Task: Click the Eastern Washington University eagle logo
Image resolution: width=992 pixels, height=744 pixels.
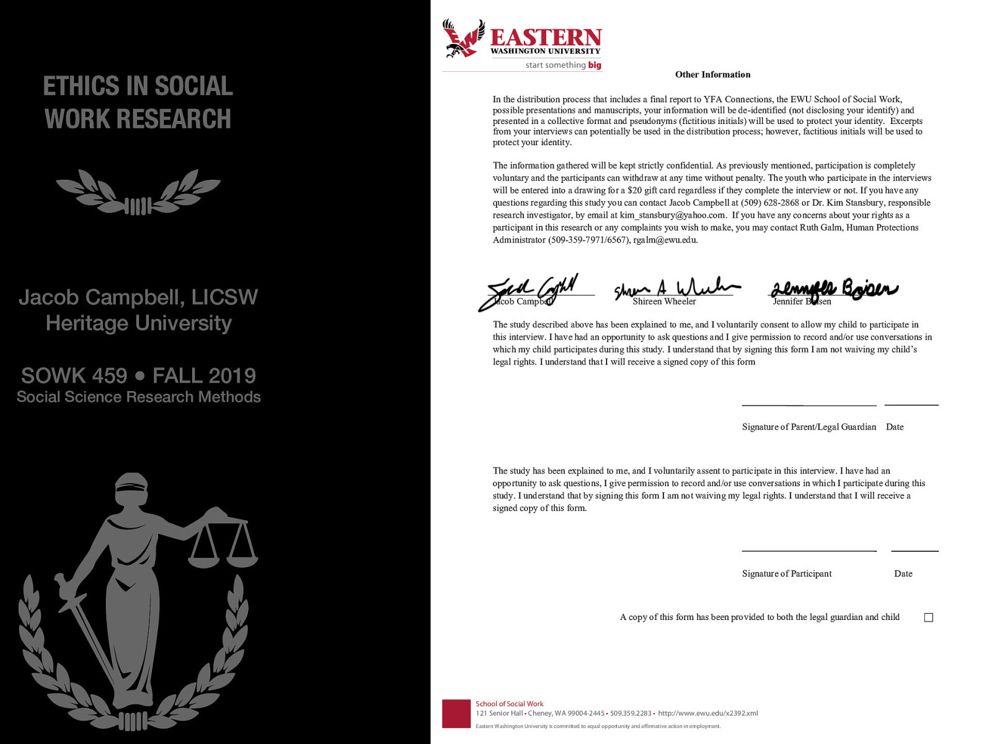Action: [x=463, y=38]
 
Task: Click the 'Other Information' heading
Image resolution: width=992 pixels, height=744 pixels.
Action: [x=712, y=74]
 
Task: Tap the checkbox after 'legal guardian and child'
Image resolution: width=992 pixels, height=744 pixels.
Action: [x=928, y=618]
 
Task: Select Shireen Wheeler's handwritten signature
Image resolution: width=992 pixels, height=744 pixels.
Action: [x=676, y=288]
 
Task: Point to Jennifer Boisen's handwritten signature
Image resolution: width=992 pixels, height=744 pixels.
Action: [x=834, y=289]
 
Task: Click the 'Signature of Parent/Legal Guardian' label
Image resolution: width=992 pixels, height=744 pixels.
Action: [x=808, y=427]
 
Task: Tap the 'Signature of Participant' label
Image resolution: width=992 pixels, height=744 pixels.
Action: [x=787, y=574]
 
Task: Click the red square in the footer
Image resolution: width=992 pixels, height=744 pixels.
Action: [x=456, y=714]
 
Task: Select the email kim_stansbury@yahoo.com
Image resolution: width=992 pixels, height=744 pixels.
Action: [x=672, y=215]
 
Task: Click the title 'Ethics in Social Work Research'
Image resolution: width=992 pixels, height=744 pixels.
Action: [x=138, y=102]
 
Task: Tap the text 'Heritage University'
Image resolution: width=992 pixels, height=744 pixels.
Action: [x=139, y=323]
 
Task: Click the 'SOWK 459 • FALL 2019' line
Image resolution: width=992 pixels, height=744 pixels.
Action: [x=138, y=376]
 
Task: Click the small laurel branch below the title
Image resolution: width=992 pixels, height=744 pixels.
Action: [x=138, y=193]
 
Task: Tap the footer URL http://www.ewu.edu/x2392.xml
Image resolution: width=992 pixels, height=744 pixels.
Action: [x=707, y=714]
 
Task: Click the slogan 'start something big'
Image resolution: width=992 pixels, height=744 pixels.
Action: [x=563, y=65]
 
